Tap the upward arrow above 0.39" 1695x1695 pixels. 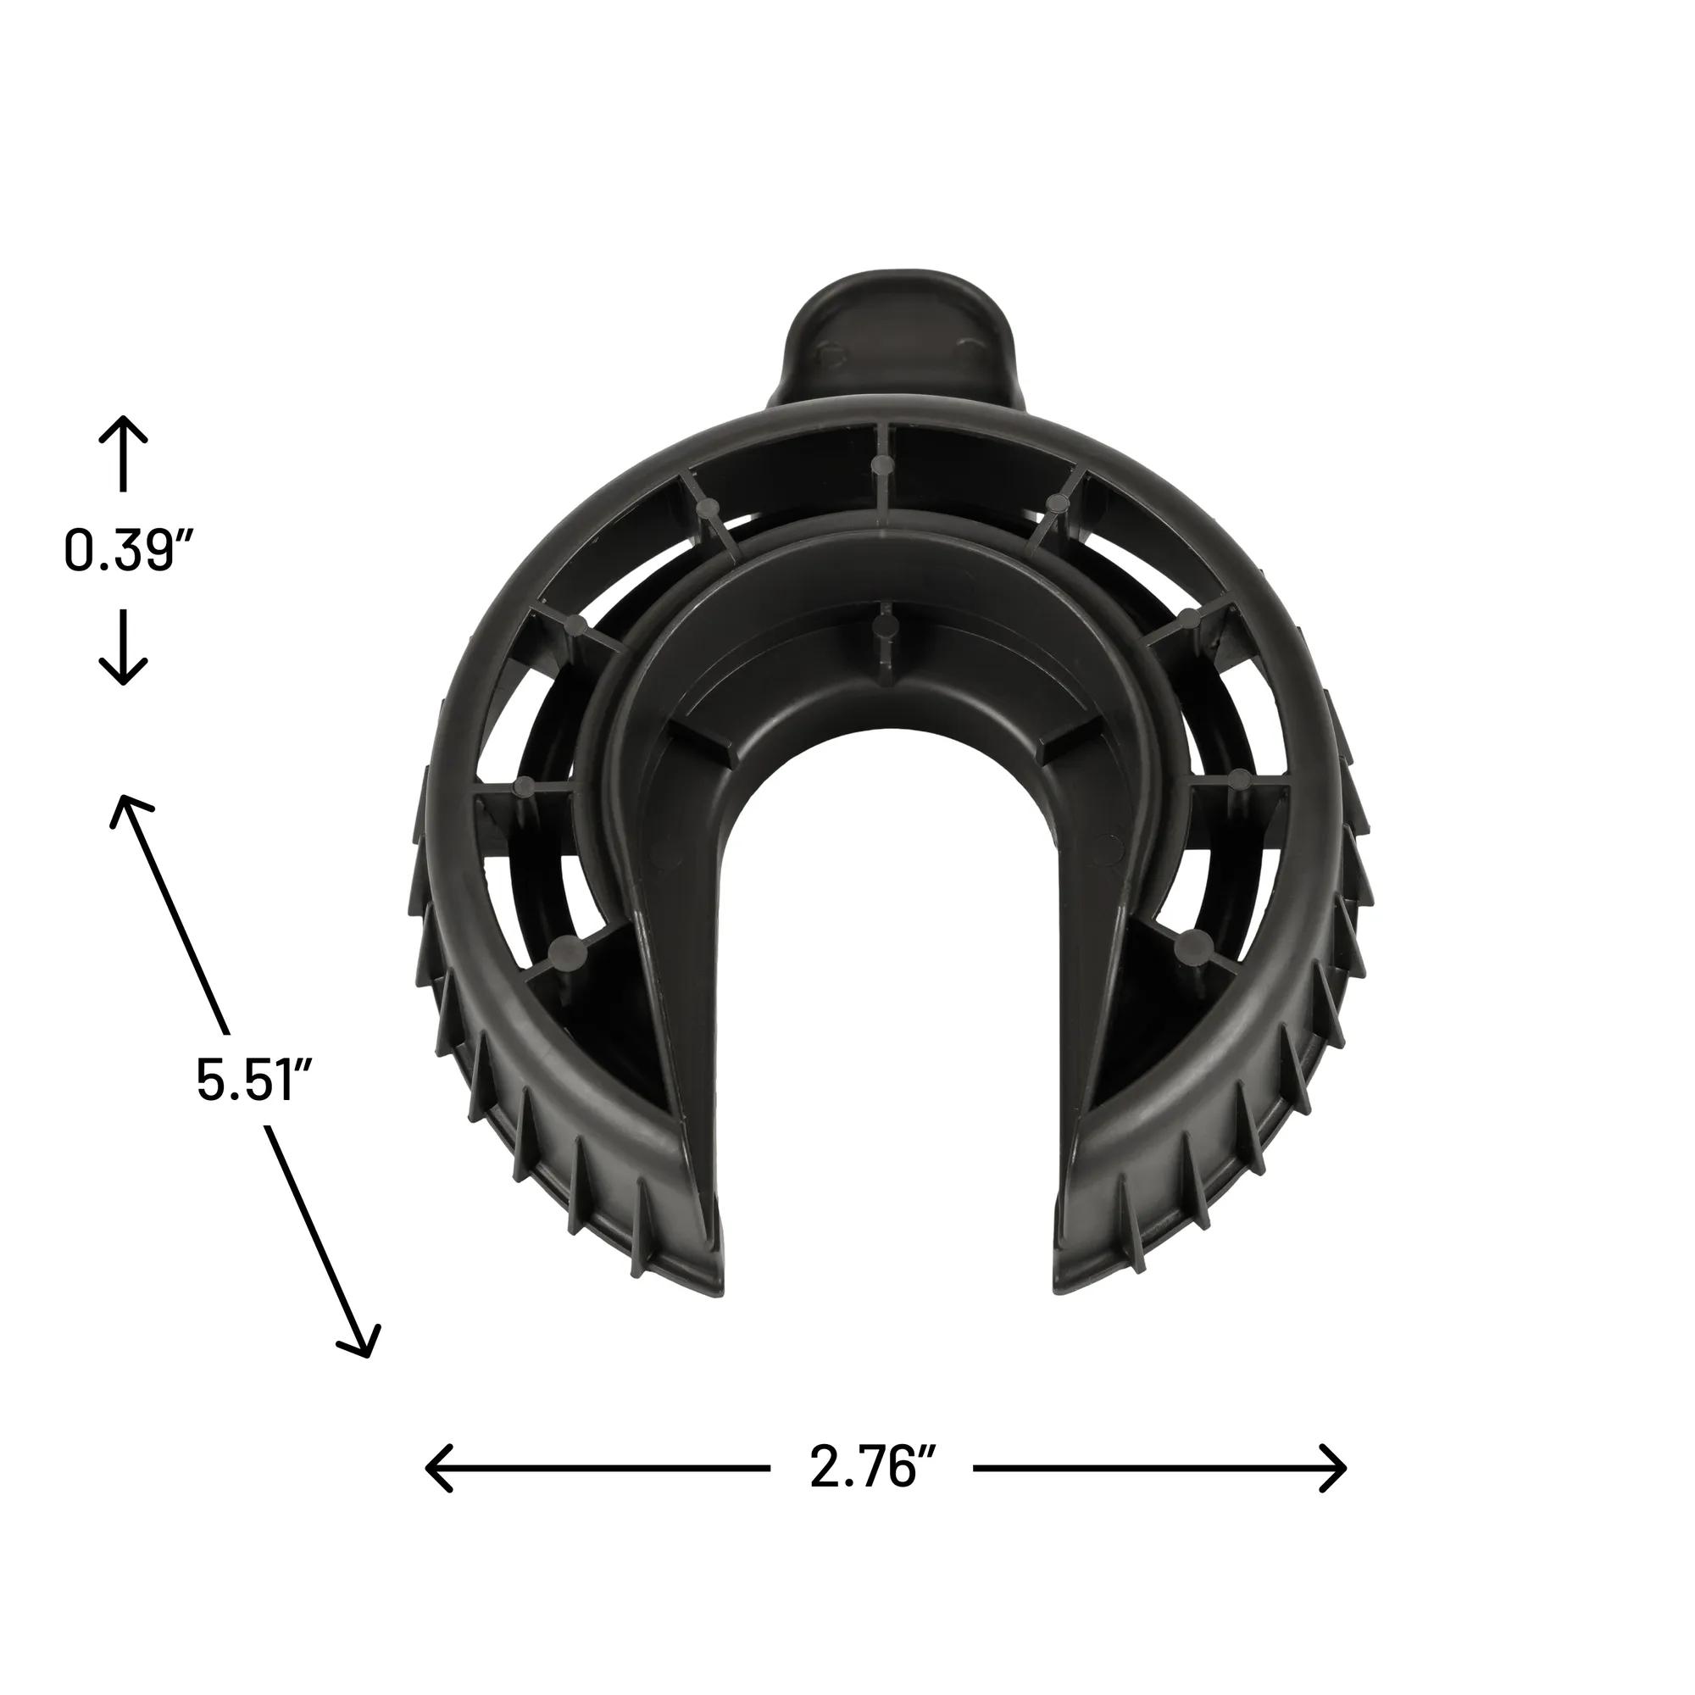[x=123, y=453]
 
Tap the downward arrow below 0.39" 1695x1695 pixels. [x=123, y=647]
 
